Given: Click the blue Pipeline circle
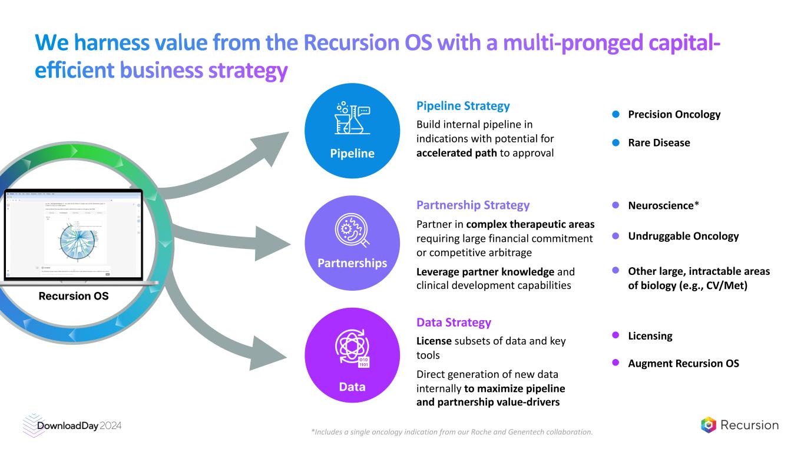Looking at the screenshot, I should coord(352,131).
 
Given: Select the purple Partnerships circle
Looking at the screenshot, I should coord(352,242).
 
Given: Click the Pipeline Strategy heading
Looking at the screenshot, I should coord(463,106).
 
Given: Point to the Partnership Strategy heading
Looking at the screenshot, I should coord(473,205).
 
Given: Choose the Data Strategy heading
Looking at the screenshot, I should coord(454,323).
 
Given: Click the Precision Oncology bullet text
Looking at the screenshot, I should coord(674,114).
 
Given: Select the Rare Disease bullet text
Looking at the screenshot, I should coord(659,142).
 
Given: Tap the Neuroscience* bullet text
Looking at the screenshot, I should coord(663,205).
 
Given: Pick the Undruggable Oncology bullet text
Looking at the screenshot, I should coord(683,236).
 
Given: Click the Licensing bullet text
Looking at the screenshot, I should coord(650,336).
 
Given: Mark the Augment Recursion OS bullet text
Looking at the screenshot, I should coord(683,363).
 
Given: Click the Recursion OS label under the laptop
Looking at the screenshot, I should coord(74,296).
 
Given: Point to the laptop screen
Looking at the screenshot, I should coord(74,234).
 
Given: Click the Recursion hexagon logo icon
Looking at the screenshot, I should coord(709,425).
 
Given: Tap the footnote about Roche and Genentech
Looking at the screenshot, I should coord(451,432).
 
